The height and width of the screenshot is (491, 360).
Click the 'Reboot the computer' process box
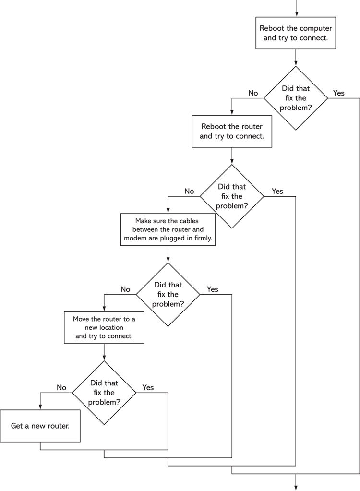[x=296, y=33]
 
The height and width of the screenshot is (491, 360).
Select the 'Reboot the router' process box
[x=232, y=131]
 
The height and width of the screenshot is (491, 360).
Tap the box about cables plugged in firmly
[x=168, y=229]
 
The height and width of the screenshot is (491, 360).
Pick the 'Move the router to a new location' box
[x=104, y=327]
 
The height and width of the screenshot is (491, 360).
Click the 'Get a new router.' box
[x=40, y=426]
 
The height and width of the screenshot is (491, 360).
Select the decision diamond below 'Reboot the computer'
[x=296, y=98]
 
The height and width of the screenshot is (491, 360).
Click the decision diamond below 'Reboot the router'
[x=232, y=196]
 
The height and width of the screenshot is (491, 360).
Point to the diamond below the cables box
[x=168, y=294]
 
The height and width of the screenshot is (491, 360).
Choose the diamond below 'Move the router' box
[x=104, y=393]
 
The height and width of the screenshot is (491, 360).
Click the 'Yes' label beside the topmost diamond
[x=339, y=93]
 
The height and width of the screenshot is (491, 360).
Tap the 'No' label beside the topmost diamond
[x=253, y=93]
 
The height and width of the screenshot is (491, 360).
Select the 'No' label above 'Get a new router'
[x=61, y=388]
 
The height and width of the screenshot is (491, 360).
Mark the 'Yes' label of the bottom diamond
[x=148, y=388]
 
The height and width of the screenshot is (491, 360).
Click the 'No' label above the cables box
[x=189, y=192]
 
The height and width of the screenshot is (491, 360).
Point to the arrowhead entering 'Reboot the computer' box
[x=296, y=14]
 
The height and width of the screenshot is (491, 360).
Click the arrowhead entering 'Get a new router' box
[x=40, y=407]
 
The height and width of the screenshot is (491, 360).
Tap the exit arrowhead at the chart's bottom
[x=296, y=488]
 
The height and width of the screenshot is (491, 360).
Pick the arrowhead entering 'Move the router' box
[x=104, y=309]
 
